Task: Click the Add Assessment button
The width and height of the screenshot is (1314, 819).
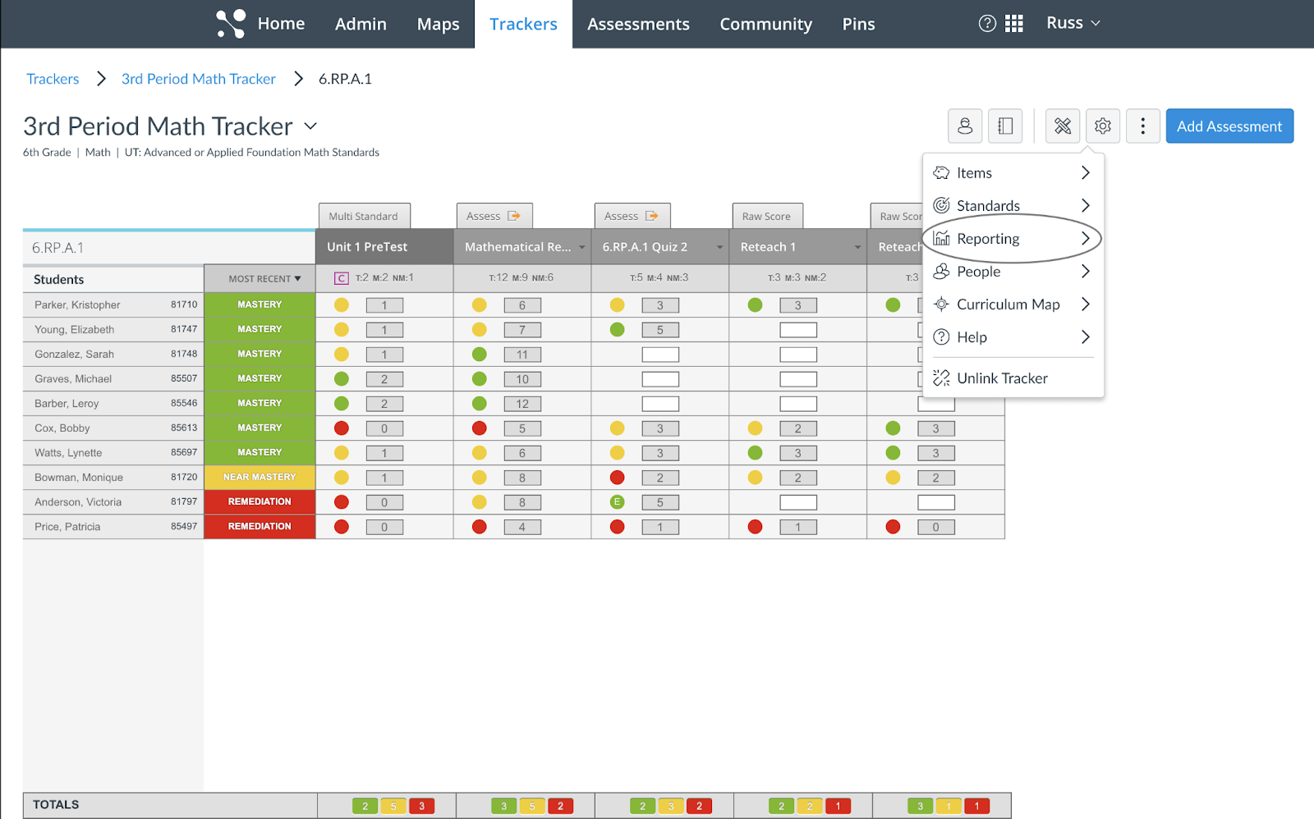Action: (1229, 126)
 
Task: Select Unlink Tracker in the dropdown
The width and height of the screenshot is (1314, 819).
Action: (1002, 378)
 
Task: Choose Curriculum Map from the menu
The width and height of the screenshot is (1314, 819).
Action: (1008, 304)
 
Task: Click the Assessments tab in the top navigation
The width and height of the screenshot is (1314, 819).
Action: (638, 25)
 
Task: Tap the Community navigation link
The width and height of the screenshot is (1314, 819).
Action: (765, 25)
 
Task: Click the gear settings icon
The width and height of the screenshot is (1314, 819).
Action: (1102, 126)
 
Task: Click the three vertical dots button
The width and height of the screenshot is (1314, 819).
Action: (1142, 126)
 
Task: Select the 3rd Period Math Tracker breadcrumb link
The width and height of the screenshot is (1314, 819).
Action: (199, 79)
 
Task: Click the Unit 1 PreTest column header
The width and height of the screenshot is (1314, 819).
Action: (367, 247)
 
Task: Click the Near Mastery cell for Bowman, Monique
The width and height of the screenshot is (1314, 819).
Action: (260, 478)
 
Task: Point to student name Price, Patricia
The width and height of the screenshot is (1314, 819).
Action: (67, 527)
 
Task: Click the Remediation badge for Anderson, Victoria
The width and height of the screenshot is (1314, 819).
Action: (260, 502)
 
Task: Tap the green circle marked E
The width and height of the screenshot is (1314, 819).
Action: (618, 502)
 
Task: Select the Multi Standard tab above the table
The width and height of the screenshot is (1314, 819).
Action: (363, 217)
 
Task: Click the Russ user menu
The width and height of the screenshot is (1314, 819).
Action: (1073, 23)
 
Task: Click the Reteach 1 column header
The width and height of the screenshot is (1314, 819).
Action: (768, 247)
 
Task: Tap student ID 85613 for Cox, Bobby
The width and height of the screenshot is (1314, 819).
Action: (184, 428)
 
